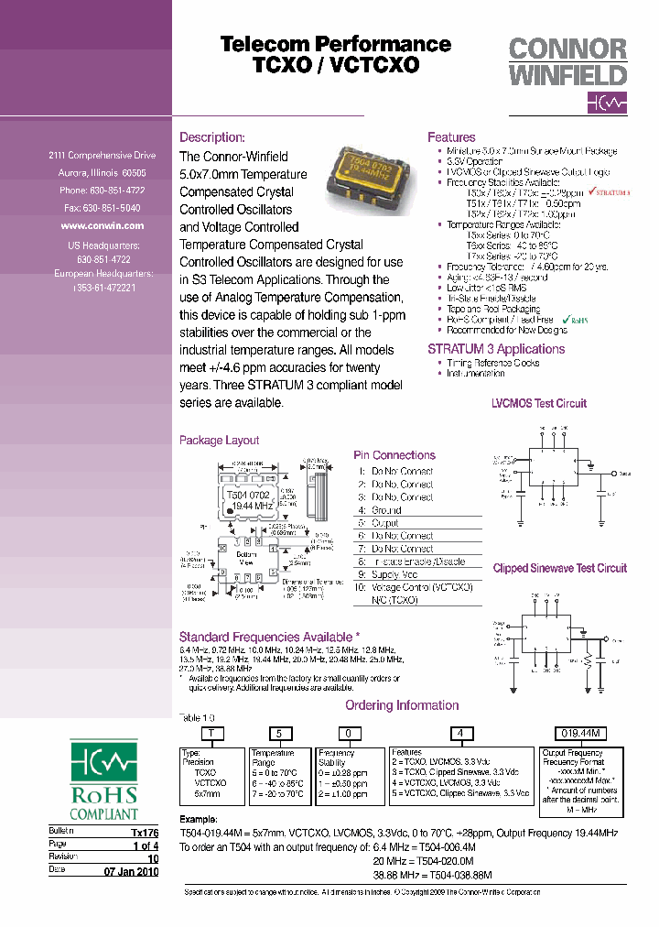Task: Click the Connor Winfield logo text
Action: click(567, 61)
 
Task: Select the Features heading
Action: click(451, 137)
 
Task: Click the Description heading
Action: click(211, 137)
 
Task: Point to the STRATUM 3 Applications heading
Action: click(496, 349)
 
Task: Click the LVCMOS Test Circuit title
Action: click(539, 403)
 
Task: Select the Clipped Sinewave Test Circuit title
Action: click(559, 568)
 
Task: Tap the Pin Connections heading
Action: click(394, 455)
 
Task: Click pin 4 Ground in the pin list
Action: click(385, 510)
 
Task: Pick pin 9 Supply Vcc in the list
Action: click(394, 574)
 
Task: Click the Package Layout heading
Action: click(219, 441)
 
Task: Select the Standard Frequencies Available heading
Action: click(269, 637)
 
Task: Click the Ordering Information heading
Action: click(402, 705)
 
